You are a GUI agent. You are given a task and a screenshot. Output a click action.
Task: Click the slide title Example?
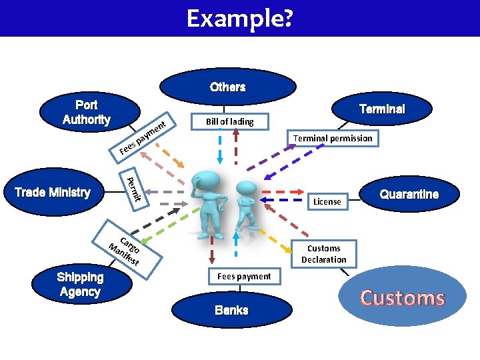[239, 18]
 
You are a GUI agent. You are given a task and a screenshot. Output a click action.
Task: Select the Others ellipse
[228, 87]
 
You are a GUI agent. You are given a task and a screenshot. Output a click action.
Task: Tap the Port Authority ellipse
[87, 112]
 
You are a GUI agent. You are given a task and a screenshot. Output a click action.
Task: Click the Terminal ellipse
[381, 109]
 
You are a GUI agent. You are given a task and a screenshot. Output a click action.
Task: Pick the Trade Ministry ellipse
[53, 193]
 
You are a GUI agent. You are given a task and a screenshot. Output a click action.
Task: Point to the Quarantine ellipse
[409, 194]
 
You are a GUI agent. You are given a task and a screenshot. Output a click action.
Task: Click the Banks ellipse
[231, 310]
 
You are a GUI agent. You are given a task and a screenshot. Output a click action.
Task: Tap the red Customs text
[402, 298]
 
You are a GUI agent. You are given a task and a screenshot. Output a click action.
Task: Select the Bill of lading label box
[229, 121]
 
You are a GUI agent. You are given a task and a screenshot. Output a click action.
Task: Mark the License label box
[327, 201]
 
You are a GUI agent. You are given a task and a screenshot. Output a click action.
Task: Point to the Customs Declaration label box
[323, 254]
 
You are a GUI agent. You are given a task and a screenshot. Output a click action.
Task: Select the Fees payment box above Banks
[244, 276]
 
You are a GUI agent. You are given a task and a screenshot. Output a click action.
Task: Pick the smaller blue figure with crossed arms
[245, 207]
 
